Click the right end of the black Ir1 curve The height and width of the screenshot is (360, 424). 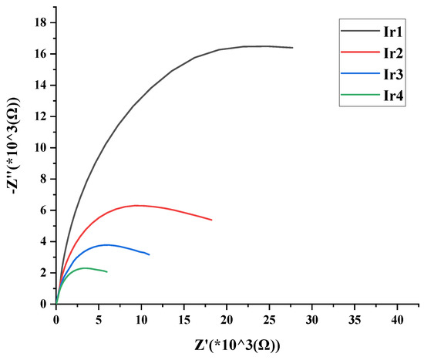point(292,48)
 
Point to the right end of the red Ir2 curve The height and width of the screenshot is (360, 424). point(211,220)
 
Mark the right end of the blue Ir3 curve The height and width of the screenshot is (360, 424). point(149,254)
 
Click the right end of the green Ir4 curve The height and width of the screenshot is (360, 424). point(107,272)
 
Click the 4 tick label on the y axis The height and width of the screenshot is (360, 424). point(45,241)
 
